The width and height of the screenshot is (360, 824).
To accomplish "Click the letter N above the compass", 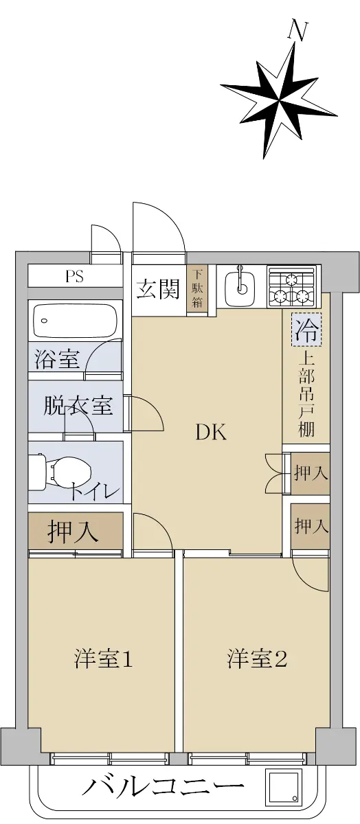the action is pos(297,32).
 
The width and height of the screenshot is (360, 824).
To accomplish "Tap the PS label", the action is pos(75,276).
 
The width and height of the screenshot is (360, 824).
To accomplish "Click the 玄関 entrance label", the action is pos(158,289).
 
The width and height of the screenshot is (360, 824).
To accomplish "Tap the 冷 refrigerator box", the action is pos(306,330).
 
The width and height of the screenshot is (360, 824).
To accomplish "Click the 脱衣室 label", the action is pos(78,406).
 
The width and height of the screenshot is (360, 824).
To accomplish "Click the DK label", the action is pos(211,432).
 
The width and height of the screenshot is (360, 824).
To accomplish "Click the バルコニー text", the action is pos(163,787).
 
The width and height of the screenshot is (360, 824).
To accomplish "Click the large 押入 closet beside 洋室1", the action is pos(75,531).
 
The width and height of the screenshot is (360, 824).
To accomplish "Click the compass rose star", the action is pos(279,100).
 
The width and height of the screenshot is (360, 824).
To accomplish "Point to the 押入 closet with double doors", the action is pos(311,473).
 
